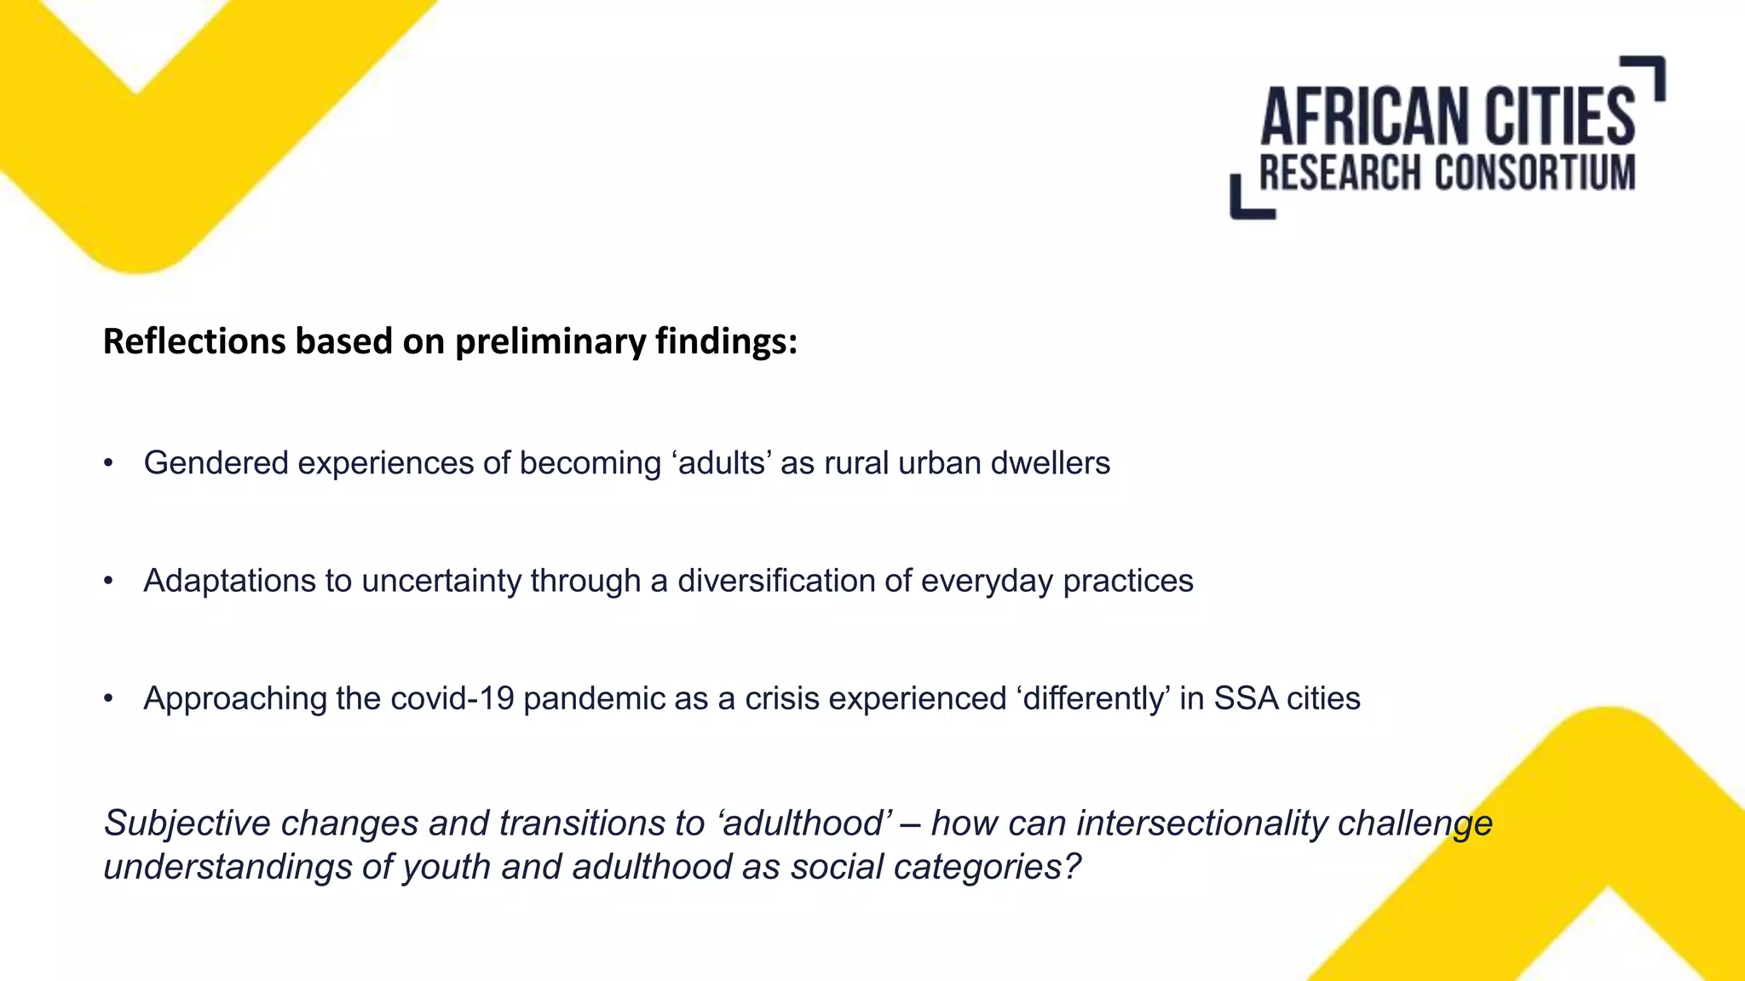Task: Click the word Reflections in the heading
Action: pyautogui.click(x=193, y=341)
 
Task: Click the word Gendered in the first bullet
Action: pyautogui.click(x=216, y=463)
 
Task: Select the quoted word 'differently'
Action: pyautogui.click(x=1092, y=698)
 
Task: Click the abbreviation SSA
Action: pyautogui.click(x=1245, y=698)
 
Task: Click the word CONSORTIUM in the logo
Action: pyautogui.click(x=1535, y=173)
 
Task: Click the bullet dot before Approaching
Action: pyautogui.click(x=108, y=699)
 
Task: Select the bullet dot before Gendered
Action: pyautogui.click(x=108, y=464)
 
